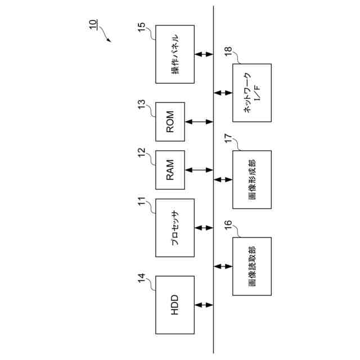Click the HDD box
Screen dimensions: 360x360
click(175, 304)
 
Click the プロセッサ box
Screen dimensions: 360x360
click(175, 228)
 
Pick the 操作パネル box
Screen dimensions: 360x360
click(175, 54)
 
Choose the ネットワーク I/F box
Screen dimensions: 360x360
click(252, 93)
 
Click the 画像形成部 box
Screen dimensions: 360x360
click(252, 179)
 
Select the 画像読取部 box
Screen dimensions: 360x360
click(252, 266)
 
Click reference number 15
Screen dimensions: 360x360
click(142, 26)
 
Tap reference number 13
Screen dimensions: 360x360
click(142, 104)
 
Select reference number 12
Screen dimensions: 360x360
click(142, 152)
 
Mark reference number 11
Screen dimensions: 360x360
click(142, 201)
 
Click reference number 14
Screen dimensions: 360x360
click(142, 278)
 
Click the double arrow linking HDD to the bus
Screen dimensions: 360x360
click(204, 305)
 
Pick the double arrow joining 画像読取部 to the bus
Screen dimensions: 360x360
click(223, 266)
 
